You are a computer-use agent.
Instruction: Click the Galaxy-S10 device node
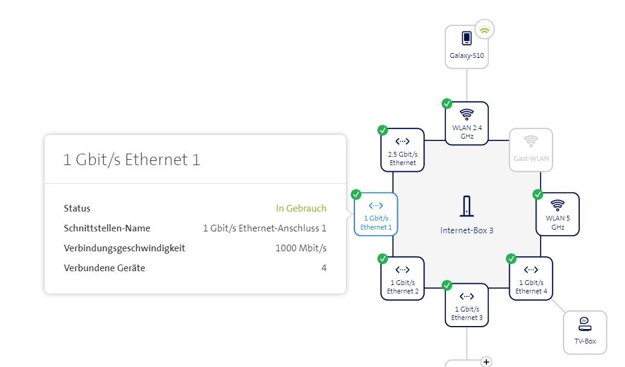466,46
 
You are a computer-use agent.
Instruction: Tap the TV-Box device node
585,332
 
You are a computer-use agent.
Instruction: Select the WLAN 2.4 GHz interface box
466,123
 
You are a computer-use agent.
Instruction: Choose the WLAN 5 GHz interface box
557,214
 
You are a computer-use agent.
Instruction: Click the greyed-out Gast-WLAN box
530,150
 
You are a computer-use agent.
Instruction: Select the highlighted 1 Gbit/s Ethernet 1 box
376,214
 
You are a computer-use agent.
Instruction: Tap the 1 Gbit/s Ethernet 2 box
403,278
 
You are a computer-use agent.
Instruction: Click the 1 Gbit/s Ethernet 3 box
466,304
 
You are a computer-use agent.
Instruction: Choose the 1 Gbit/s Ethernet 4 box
531,278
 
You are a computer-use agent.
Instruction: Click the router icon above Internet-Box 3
466,207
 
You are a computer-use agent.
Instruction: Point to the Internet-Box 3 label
466,231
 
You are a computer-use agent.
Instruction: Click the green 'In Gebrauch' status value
301,209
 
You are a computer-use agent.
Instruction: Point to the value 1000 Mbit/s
301,248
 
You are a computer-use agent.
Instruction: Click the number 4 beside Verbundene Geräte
324,268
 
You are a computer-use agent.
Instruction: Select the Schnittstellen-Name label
107,228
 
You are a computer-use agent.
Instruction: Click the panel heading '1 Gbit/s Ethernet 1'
131,160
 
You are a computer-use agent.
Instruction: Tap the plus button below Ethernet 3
486,362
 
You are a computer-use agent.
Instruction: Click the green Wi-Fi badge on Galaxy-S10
485,28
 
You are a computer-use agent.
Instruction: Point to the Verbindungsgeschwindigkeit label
124,248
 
